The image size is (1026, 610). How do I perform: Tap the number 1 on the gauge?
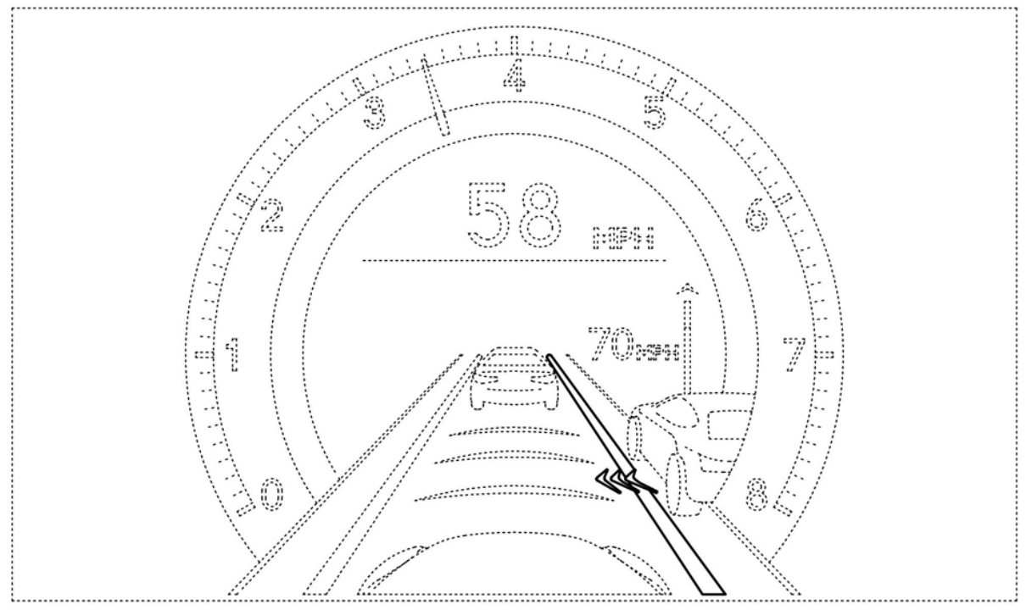pos(230,355)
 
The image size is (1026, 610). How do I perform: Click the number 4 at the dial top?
pos(514,77)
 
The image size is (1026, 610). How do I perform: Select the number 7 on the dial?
pos(795,354)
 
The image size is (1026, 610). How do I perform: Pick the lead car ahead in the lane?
pos(512,377)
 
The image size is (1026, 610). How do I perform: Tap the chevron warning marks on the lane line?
pos(626,484)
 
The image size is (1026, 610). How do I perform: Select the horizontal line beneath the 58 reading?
pos(514,260)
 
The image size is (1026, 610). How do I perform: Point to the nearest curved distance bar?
pos(509,495)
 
